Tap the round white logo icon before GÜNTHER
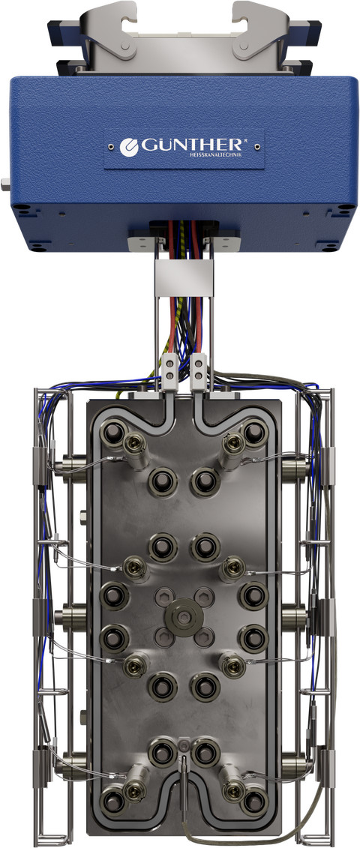click(129, 147)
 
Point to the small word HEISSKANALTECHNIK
click(218, 156)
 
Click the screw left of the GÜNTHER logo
click(111, 146)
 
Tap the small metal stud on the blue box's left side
click(4, 184)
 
